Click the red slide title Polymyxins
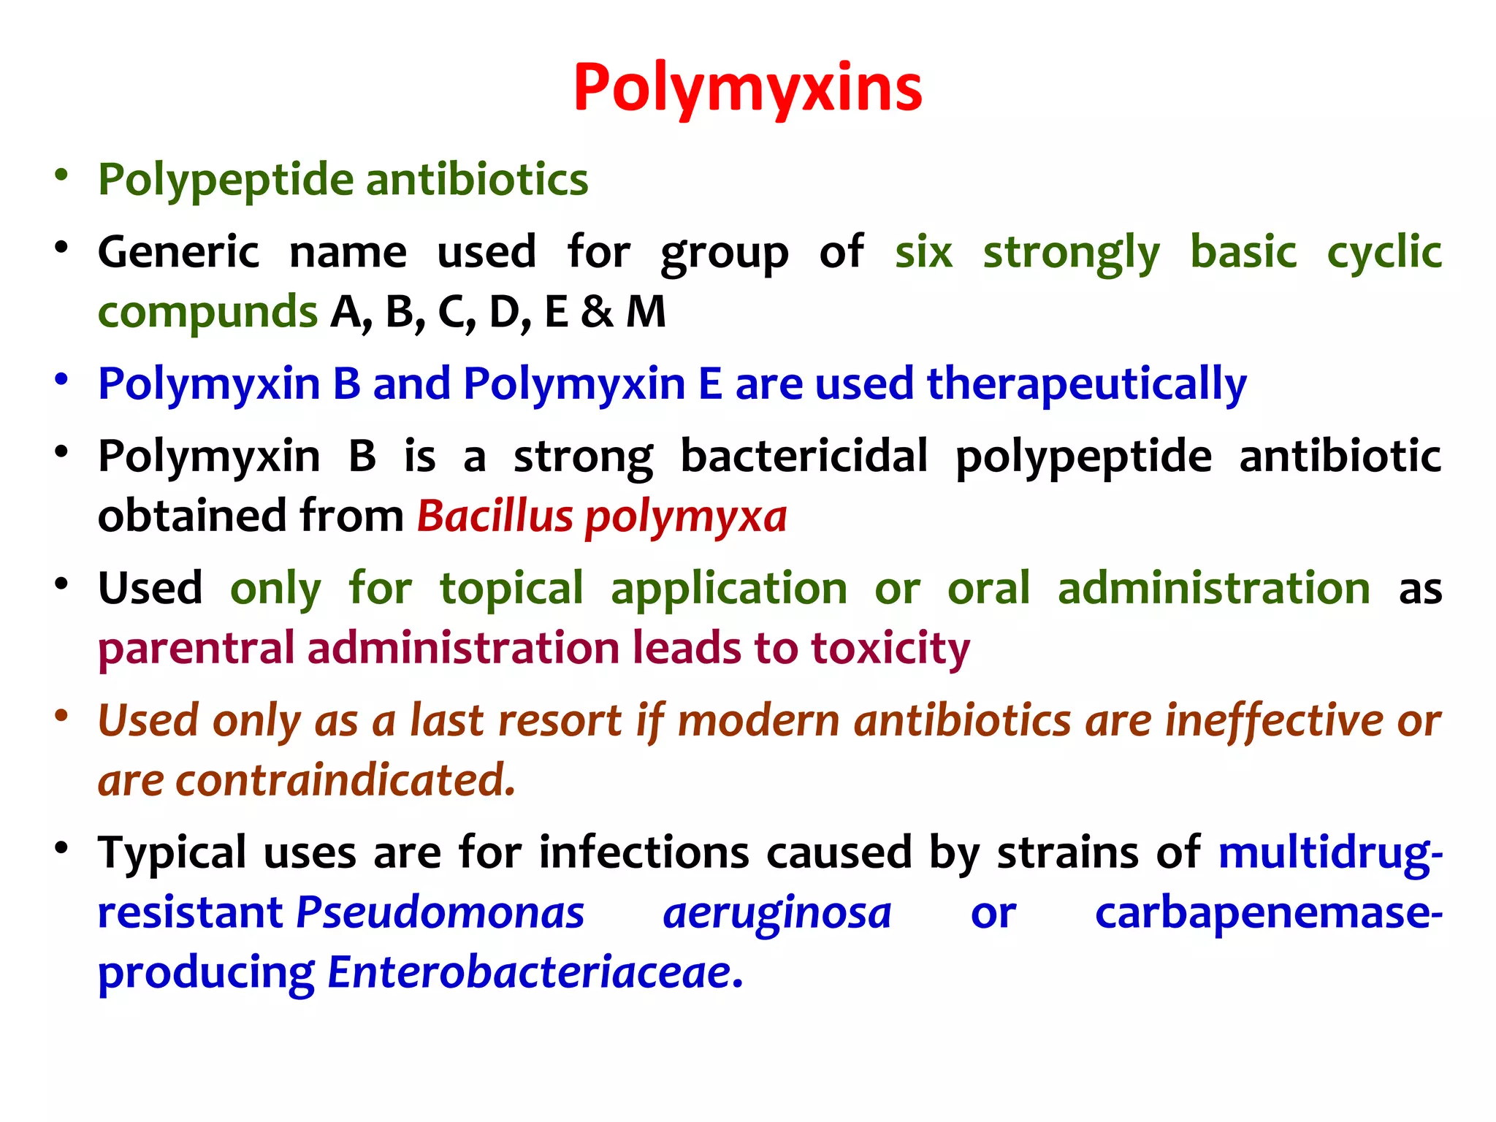pos(747,89)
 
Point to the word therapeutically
pos(1086,385)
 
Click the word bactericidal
pos(804,457)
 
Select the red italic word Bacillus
pos(495,516)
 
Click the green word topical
pos(511,589)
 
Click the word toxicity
pos(890,649)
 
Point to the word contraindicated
pos(345,780)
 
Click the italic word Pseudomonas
pos(440,913)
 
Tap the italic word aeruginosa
pos(777,913)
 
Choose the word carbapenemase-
pos(1269,913)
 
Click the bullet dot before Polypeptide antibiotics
pos(61,175)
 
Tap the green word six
pos(923,253)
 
